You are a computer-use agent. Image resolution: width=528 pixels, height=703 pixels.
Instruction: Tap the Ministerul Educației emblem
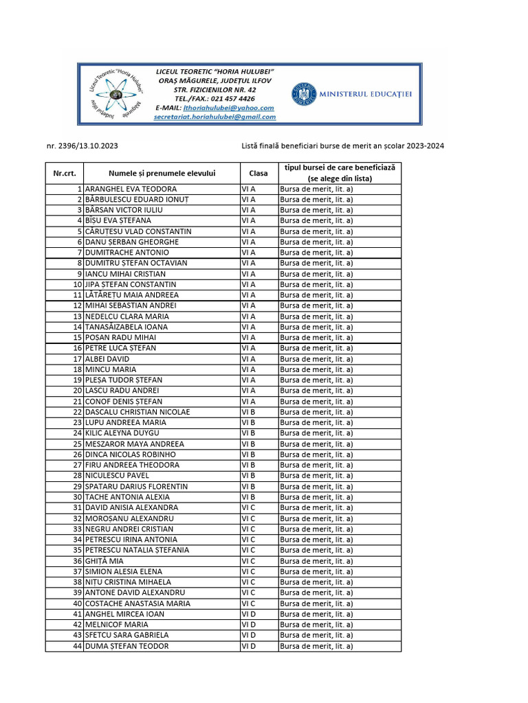pyautogui.click(x=302, y=93)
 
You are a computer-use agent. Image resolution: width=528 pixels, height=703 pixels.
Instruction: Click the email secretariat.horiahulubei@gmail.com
pyautogui.click(x=214, y=117)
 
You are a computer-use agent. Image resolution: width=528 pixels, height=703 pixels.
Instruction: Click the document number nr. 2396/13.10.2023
pyautogui.click(x=87, y=146)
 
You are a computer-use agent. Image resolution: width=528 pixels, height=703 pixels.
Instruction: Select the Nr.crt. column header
pyautogui.click(x=65, y=173)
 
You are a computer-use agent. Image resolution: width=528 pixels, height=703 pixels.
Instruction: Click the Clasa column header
pyautogui.click(x=258, y=173)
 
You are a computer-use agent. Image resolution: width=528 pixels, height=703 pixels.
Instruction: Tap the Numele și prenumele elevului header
pyautogui.click(x=162, y=173)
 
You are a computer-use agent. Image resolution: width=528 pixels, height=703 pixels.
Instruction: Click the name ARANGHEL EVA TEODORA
pyautogui.click(x=131, y=189)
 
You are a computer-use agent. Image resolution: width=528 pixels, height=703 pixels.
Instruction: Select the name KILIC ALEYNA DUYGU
pyautogui.click(x=122, y=433)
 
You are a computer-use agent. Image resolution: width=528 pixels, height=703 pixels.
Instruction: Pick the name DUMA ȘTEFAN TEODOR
pyautogui.click(x=126, y=646)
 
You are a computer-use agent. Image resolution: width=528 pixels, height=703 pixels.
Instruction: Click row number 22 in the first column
pyautogui.click(x=78, y=412)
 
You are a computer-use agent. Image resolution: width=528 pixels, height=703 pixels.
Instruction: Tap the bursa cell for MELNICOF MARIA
pyautogui.click(x=316, y=625)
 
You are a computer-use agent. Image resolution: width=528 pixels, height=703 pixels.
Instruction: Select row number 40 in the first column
pyautogui.click(x=78, y=603)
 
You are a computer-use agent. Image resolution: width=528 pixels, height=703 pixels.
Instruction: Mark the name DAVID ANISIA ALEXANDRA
pyautogui.click(x=131, y=507)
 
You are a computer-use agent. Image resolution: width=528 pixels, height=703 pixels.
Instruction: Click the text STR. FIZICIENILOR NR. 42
pyautogui.click(x=215, y=90)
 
